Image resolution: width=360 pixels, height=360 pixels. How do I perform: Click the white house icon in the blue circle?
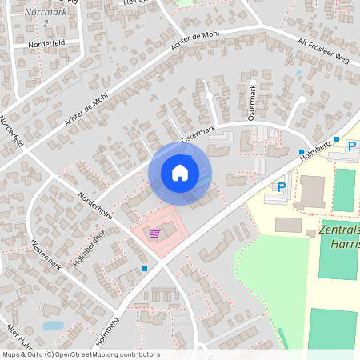[x=180, y=172]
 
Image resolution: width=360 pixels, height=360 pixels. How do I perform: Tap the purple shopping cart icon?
[x=155, y=234]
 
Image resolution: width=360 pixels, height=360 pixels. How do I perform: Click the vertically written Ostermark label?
[x=252, y=102]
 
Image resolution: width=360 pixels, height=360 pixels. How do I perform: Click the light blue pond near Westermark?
[x=53, y=326]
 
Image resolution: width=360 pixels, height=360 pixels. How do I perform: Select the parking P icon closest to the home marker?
[x=281, y=186]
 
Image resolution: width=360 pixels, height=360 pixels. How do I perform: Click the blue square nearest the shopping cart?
[x=144, y=269]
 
